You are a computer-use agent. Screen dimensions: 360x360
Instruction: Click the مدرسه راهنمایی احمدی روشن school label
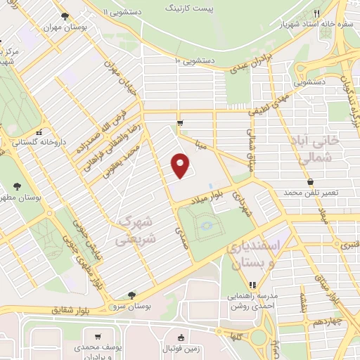(x=252, y=301)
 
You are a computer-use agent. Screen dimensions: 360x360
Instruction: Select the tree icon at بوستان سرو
(x=131, y=295)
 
